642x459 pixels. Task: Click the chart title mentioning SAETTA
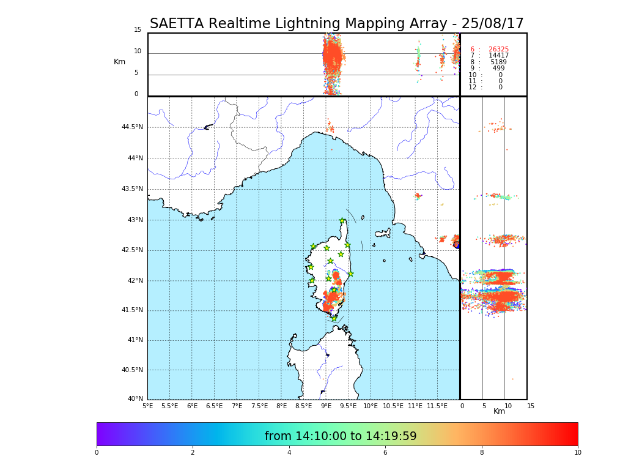coord(336,24)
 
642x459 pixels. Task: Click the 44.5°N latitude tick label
coord(132,127)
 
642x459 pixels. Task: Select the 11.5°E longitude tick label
coord(438,406)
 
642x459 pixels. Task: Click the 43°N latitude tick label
coord(134,220)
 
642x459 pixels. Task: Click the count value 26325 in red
coord(498,50)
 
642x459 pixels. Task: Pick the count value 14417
coord(498,56)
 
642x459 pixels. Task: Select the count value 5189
coord(498,62)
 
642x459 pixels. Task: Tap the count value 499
coord(498,69)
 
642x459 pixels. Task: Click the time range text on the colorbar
coord(341,436)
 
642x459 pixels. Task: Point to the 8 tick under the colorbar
coord(481,453)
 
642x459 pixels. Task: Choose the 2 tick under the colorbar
coord(193,453)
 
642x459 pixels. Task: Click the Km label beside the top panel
coord(119,62)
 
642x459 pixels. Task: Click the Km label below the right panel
coord(499,411)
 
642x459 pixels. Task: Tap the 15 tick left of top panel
coord(138,30)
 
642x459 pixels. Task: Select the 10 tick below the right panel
coord(507,406)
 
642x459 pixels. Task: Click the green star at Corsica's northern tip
coord(342,221)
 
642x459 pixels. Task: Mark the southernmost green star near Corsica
coord(334,318)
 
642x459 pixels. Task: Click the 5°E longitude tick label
coord(147,406)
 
